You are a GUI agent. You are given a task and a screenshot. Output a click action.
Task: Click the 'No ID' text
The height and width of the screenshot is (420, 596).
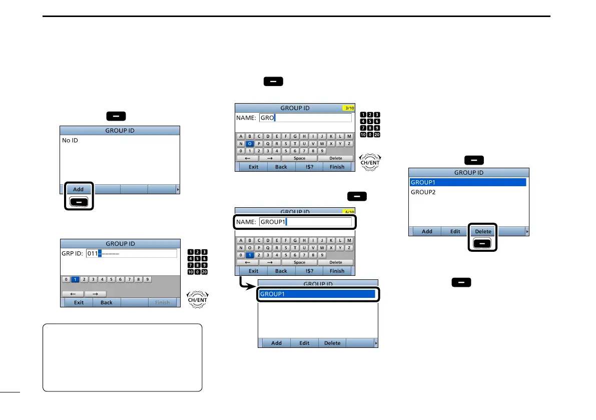point(70,141)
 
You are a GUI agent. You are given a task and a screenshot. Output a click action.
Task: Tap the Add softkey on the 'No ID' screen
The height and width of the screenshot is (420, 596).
point(78,190)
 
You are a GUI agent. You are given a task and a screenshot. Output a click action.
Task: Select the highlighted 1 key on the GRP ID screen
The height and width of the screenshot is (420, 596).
point(75,279)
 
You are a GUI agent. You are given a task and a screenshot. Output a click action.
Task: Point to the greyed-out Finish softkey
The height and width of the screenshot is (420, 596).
point(162,302)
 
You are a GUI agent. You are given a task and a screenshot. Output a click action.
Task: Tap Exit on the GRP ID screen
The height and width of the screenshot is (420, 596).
point(79,302)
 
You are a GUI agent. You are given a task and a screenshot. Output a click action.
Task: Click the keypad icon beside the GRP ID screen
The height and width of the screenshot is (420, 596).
point(198,262)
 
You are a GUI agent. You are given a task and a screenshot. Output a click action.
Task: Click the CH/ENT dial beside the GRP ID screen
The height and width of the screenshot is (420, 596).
point(198,299)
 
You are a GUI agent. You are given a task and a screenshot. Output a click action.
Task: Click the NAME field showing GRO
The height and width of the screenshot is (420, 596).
point(305,118)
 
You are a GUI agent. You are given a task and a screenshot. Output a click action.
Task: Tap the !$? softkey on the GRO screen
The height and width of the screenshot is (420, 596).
point(309,167)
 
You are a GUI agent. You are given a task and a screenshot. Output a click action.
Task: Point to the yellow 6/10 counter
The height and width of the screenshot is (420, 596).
point(347,212)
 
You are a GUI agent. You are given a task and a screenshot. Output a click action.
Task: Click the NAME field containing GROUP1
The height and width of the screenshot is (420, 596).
point(305,222)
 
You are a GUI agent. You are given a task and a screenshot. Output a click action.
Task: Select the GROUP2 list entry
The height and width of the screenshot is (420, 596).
point(423,192)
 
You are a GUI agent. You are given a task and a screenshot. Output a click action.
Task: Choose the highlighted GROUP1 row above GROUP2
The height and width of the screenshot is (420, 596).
point(467,182)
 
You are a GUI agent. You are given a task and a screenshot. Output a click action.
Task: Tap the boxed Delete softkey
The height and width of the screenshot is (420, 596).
point(483,231)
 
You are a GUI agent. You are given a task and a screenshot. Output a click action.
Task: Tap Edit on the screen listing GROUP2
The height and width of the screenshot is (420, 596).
point(455,231)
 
